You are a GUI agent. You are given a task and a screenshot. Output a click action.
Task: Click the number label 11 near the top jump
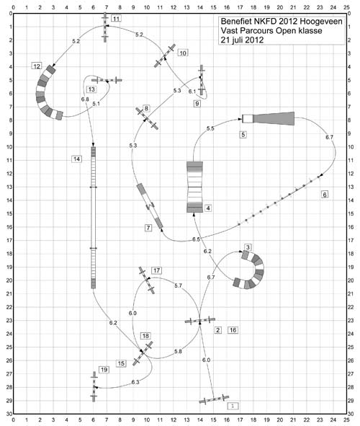tap(116, 19)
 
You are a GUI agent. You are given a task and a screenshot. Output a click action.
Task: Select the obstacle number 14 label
tap(77, 159)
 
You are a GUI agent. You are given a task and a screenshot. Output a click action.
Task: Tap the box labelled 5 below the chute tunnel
tap(243, 134)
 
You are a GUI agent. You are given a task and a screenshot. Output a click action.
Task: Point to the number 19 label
tap(104, 370)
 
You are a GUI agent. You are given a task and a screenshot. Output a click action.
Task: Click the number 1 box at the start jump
tap(233, 406)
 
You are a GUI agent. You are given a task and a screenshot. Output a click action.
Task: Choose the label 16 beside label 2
tap(233, 330)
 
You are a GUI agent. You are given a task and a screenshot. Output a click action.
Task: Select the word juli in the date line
tap(238, 40)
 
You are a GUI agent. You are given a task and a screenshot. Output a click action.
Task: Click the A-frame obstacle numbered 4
tap(194, 187)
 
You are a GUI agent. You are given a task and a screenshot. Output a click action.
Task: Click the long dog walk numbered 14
tap(94, 218)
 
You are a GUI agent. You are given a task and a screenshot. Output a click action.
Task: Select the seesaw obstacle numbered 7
tap(150, 206)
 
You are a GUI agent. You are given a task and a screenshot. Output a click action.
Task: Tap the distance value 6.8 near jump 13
tap(85, 99)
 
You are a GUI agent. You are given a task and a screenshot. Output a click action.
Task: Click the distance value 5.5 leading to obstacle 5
tap(210, 128)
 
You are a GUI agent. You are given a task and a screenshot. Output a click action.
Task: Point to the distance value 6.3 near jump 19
tap(135, 382)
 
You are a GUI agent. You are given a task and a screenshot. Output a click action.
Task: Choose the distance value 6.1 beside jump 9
tap(192, 92)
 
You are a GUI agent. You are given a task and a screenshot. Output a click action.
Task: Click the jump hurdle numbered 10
tap(165, 56)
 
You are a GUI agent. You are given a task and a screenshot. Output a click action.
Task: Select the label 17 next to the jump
tap(156, 270)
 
